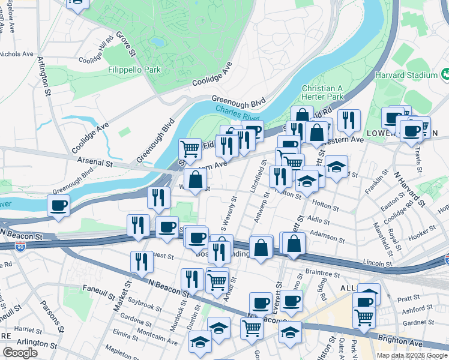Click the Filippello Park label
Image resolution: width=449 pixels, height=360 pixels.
click(x=134, y=70)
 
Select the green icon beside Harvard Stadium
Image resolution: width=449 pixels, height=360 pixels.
click(x=445, y=75)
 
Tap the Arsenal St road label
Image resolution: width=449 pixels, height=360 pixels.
click(x=95, y=163)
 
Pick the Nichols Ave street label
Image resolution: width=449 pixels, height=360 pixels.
click(x=17, y=54)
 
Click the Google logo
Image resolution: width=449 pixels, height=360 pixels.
click(x=20, y=353)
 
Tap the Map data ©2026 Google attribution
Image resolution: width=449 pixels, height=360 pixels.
click(x=411, y=355)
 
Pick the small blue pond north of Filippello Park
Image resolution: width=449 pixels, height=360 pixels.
click(x=157, y=43)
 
